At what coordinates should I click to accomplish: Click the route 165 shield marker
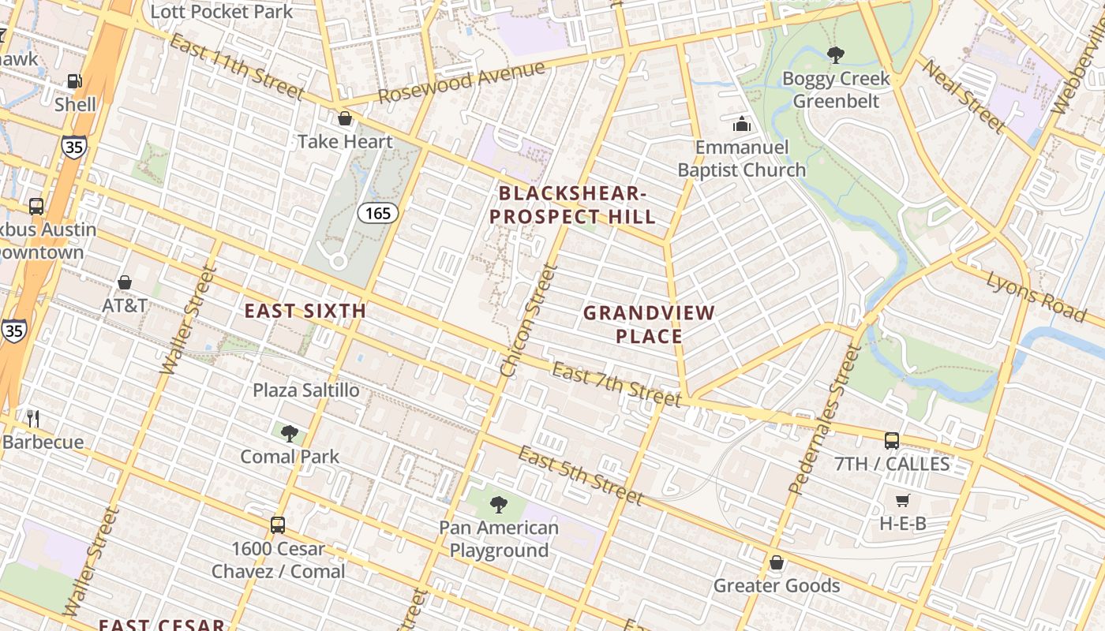pos(377,213)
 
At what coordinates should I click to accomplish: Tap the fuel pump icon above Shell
pos(75,80)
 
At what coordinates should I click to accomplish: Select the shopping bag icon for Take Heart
pos(345,119)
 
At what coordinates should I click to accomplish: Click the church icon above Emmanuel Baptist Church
pos(741,124)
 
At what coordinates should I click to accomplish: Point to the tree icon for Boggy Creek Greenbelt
pos(835,54)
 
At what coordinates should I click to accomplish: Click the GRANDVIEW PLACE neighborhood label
pos(649,324)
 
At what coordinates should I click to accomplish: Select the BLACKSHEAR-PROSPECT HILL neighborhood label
pos(572,205)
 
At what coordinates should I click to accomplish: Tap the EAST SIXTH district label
pos(305,311)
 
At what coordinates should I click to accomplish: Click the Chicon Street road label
pos(530,319)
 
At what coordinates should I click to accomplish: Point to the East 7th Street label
pos(616,384)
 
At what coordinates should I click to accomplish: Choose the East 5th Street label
pos(580,474)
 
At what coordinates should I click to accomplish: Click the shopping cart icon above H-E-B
pos(903,500)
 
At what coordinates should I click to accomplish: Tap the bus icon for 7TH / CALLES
pos(892,440)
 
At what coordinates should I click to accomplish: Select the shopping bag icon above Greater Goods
pos(777,562)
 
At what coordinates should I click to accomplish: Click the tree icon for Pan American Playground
pos(498,504)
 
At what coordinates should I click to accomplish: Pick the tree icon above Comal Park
pos(290,433)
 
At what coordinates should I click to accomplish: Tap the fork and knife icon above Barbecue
pos(32,418)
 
